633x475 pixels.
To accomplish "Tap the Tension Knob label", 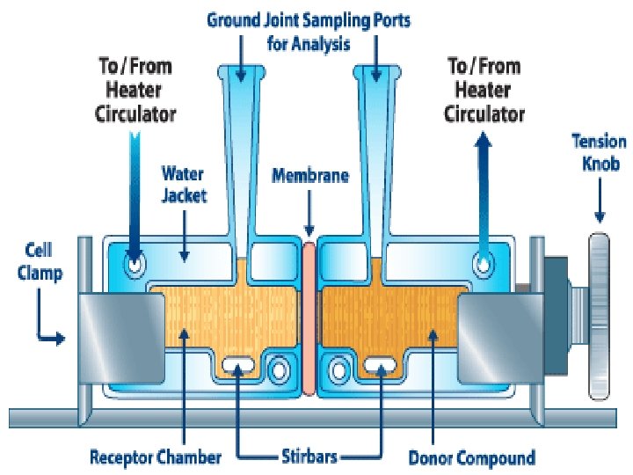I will (599, 150).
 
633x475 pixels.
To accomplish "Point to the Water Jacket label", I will (183, 182).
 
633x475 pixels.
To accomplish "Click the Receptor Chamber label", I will (156, 457).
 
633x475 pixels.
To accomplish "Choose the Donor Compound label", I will (471, 457).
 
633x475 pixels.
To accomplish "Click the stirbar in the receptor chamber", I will (238, 362).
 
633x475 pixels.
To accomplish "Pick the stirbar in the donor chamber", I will (381, 362).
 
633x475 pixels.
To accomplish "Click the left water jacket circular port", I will (135, 262).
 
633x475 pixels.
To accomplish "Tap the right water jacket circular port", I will (483, 262).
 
